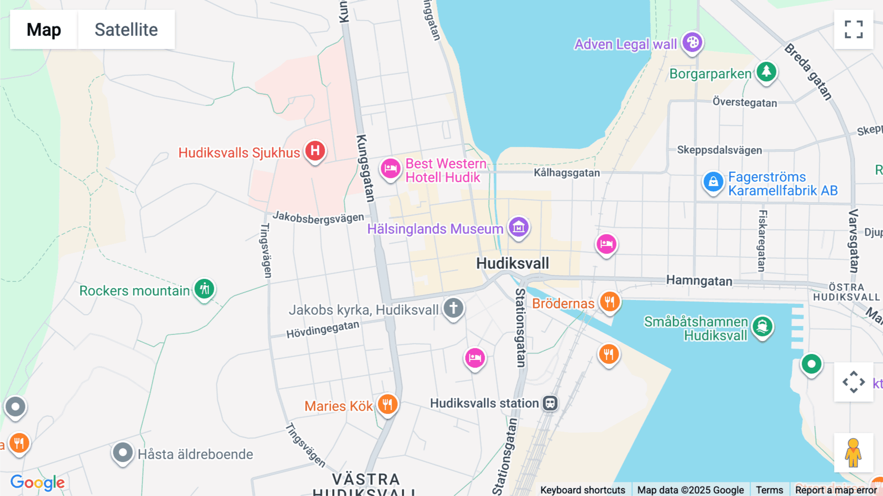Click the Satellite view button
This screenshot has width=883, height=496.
click(x=126, y=29)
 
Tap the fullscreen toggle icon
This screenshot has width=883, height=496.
click(x=854, y=29)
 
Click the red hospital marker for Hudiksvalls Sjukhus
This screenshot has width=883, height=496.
click(x=315, y=151)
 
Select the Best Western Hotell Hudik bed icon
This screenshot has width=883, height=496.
click(x=390, y=169)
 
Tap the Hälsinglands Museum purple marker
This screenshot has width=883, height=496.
click(x=519, y=227)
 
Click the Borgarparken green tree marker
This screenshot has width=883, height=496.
click(x=766, y=72)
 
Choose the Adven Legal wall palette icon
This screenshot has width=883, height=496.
click(x=692, y=43)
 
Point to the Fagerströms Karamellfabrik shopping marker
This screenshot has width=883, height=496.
click(x=713, y=182)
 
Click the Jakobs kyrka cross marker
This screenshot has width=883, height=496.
click(x=453, y=308)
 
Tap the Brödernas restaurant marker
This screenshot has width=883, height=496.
click(x=609, y=302)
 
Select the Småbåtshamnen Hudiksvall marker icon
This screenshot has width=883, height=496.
click(x=762, y=327)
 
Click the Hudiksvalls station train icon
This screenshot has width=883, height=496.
click(x=550, y=403)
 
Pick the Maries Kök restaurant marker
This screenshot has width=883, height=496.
click(x=388, y=405)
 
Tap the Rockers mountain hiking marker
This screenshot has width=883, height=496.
click(x=204, y=289)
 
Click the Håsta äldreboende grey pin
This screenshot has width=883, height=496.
click(x=122, y=452)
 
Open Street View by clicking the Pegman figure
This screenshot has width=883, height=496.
click(x=853, y=453)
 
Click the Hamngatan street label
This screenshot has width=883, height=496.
click(x=699, y=281)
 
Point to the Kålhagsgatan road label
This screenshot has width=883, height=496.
click(x=567, y=173)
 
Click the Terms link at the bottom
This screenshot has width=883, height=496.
click(x=769, y=490)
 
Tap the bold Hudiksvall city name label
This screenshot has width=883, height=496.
click(x=513, y=263)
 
